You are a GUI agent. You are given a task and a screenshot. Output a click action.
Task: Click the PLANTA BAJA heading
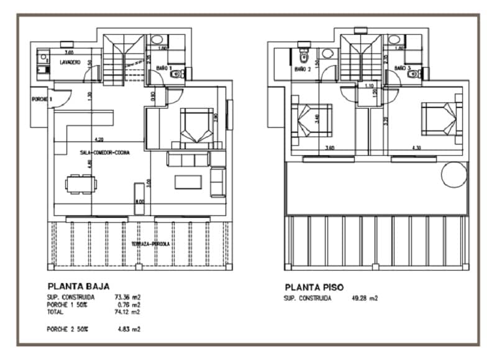pos(78,287)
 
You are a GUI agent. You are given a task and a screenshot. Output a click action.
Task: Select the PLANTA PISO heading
pos(314,287)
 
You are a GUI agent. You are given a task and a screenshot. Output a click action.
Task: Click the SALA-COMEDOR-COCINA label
pos(104,152)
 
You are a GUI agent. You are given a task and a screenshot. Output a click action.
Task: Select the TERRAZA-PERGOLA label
pos(151,245)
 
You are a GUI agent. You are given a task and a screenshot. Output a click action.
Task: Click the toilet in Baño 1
pos(176,74)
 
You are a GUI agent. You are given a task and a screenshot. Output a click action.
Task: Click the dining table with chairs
pos(81,183)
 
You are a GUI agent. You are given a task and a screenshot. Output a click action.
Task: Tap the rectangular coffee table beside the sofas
pos(188,182)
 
